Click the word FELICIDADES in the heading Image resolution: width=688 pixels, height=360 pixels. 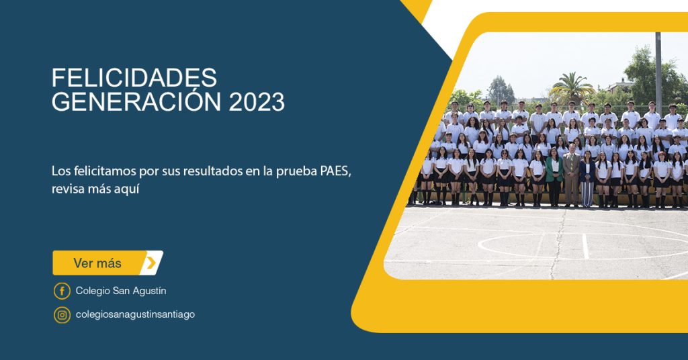(x=134, y=78)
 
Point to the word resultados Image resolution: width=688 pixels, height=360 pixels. (x=212, y=171)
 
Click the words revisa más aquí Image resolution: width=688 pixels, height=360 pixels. (x=95, y=189)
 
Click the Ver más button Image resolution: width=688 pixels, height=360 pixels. (x=108, y=263)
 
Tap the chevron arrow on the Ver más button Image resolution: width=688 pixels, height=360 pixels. (x=151, y=263)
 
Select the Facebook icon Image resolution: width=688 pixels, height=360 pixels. (x=62, y=291)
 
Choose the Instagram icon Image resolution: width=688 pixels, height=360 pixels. (x=62, y=315)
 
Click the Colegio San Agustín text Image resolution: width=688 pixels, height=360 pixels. (x=121, y=291)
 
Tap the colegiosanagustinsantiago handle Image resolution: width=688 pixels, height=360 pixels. (x=135, y=314)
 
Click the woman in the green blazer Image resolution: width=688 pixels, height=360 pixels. (x=554, y=176)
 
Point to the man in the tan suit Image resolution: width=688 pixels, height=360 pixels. (x=571, y=174)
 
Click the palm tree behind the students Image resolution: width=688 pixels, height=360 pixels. (x=571, y=89)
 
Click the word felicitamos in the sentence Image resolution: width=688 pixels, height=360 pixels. (x=105, y=171)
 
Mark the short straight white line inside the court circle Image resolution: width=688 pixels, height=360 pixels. (x=585, y=246)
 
